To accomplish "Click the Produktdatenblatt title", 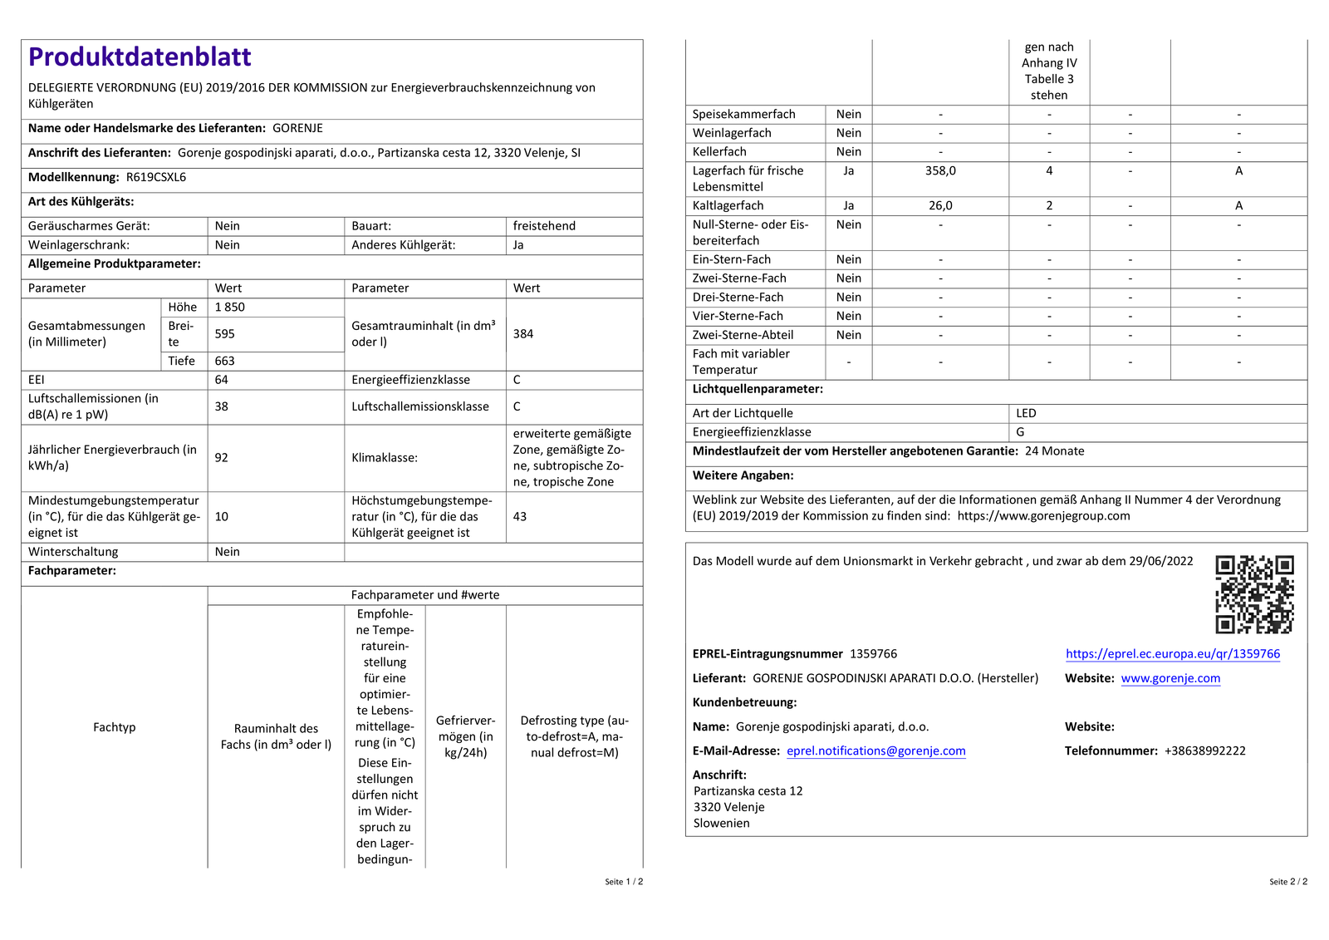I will (140, 57).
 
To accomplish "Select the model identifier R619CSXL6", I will (156, 177).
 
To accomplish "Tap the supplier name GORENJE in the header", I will (297, 128).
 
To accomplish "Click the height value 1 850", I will (230, 307).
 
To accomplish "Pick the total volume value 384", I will (523, 333).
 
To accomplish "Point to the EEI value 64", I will (222, 380).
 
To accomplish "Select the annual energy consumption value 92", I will (222, 457).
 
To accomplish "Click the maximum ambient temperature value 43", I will (520, 516).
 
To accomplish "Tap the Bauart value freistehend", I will (544, 226).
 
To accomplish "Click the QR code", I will (1254, 594).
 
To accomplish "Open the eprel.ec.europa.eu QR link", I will (1173, 654).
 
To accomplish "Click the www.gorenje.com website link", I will (1170, 678).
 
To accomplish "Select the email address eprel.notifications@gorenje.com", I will (876, 751).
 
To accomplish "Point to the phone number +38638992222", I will (1204, 751).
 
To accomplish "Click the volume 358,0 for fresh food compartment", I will (940, 170).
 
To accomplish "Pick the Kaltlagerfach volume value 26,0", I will (940, 205).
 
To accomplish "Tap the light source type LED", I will (1026, 413).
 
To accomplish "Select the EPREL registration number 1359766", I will (873, 654).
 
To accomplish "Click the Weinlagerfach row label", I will (732, 133).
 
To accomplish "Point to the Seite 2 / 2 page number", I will (1287, 882).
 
